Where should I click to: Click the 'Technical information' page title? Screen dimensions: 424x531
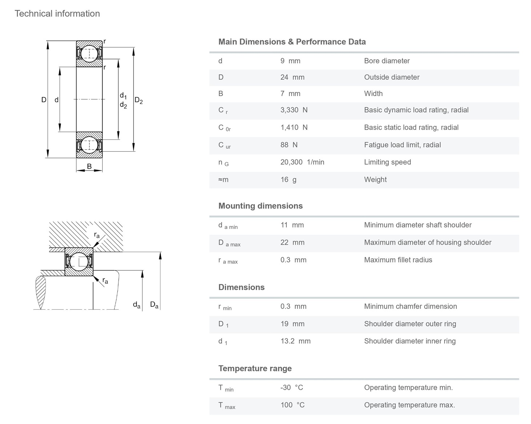(57, 13)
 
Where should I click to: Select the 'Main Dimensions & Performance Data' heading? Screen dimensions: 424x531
(292, 42)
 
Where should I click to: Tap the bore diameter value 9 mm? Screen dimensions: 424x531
(290, 61)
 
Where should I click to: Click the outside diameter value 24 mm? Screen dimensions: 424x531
(292, 77)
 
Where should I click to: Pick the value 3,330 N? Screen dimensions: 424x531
(294, 110)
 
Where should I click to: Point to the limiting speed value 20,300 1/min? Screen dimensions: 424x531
(302, 162)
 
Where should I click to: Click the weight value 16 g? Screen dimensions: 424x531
(288, 179)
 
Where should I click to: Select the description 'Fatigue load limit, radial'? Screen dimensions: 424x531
(402, 145)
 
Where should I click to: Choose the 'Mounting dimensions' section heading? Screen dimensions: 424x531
(260, 206)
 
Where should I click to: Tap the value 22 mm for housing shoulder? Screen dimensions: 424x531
(292, 242)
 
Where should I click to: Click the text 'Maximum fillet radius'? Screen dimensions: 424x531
(398, 260)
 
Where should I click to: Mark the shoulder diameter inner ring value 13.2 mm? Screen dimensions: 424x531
(295, 341)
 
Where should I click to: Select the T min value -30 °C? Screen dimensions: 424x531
(291, 388)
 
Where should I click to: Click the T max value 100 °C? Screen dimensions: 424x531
(292, 405)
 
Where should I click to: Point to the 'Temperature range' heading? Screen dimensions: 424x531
(255, 368)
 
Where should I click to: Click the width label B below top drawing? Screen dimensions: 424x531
(89, 166)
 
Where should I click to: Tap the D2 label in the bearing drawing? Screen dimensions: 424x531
(138, 100)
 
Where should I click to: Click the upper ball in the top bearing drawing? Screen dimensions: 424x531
(89, 54)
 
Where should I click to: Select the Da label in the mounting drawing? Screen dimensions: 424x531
(154, 305)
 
